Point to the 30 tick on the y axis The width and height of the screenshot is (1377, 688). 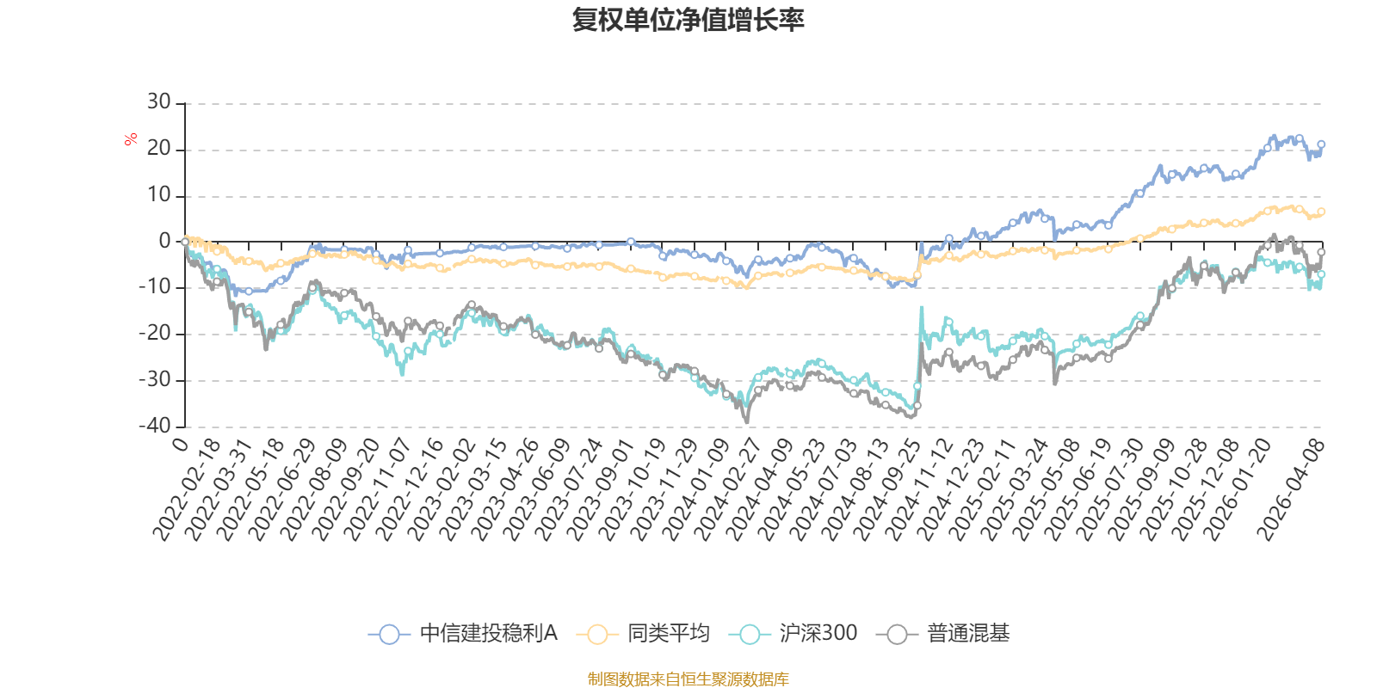click(159, 102)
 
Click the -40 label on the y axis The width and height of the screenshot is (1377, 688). click(154, 426)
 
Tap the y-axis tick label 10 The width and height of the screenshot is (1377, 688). click(159, 195)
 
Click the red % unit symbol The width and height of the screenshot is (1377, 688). click(131, 139)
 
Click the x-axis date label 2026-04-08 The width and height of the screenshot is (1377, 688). click(1290, 488)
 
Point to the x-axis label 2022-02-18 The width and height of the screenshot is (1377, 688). click(187, 488)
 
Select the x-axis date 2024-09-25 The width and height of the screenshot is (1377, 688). click(888, 488)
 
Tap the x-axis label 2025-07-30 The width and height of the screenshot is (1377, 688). click(1111, 488)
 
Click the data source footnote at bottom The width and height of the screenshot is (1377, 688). click(688, 679)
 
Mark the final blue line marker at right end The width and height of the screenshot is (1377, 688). click(1321, 144)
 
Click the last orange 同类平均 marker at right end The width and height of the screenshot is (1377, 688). click(1321, 212)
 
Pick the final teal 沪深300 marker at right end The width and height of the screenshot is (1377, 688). click(1321, 274)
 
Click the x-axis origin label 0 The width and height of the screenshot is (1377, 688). click(180, 443)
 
